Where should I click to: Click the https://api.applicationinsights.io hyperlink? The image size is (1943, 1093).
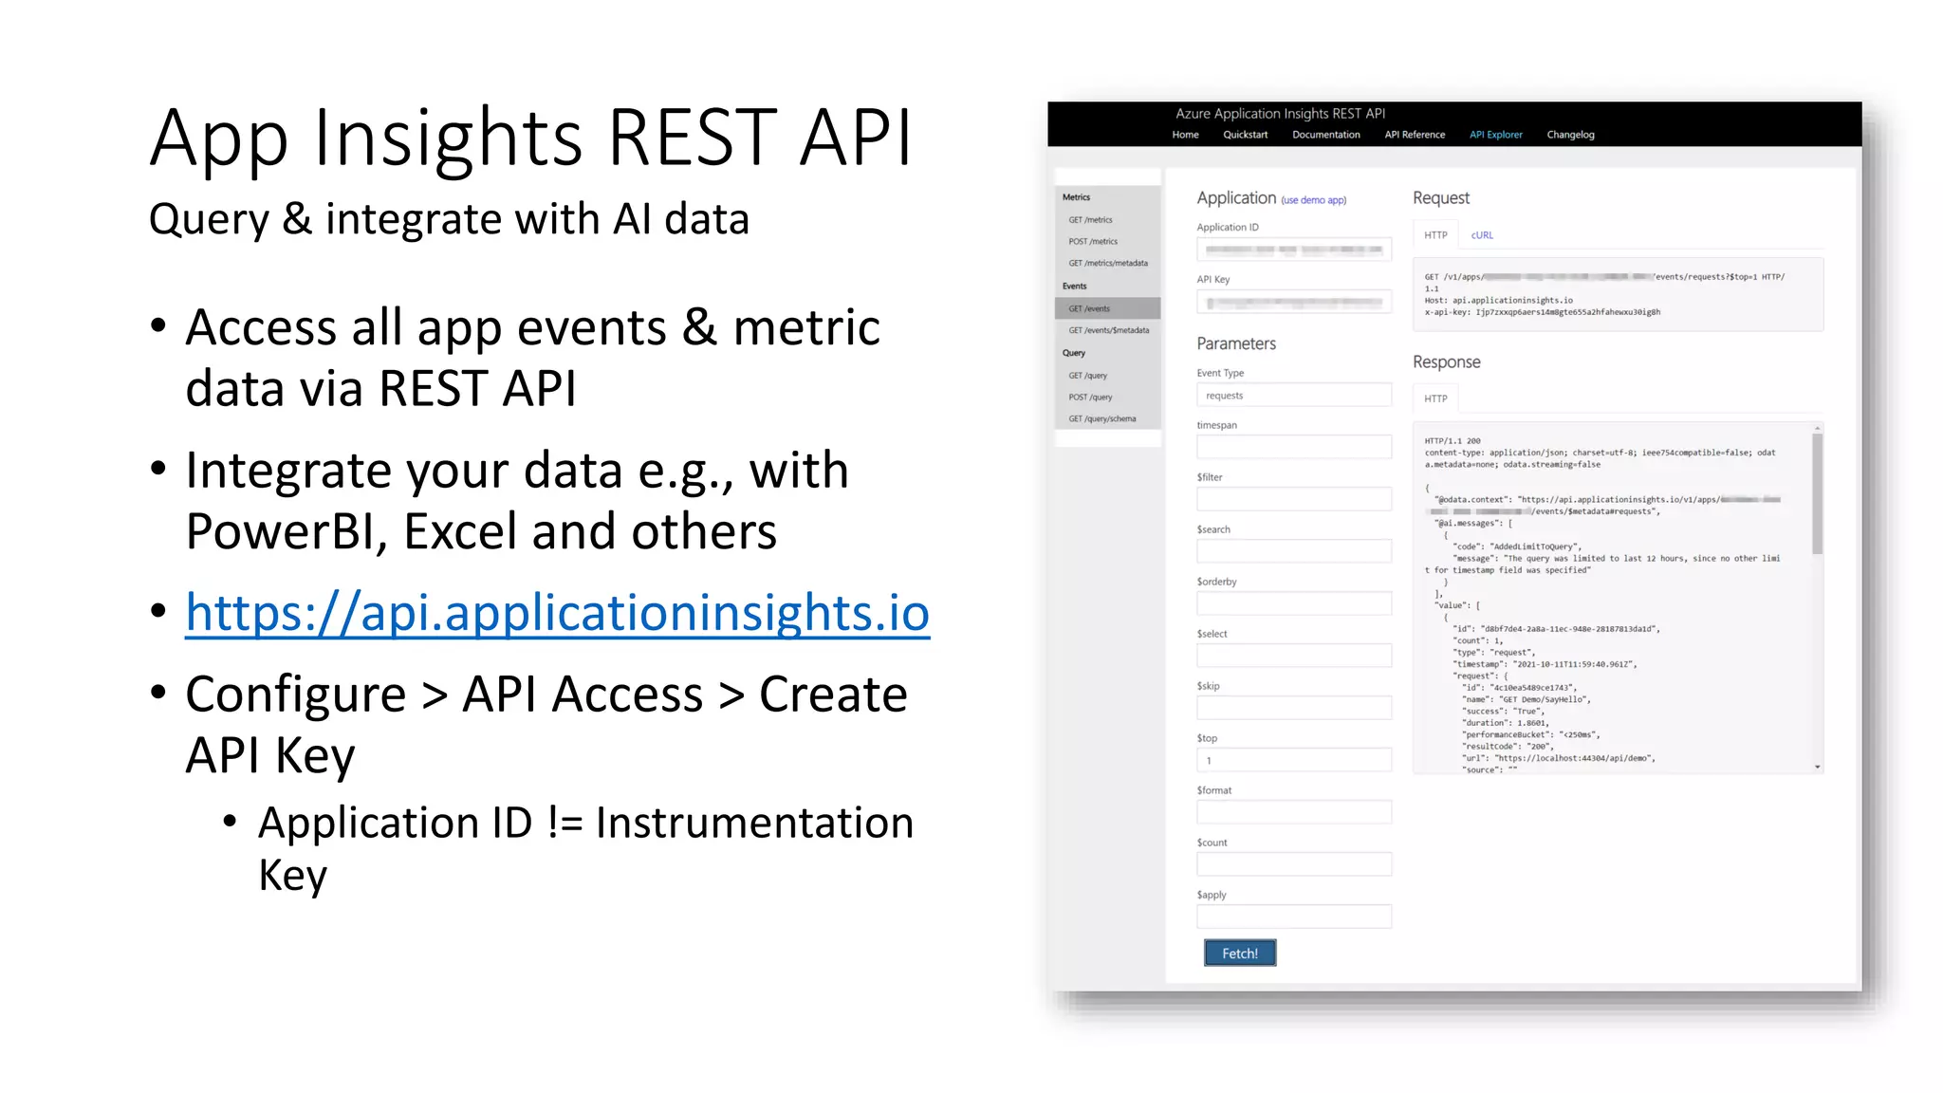point(557,613)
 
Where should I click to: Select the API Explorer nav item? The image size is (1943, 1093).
point(1495,135)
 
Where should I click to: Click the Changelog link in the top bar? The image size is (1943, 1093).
point(1570,135)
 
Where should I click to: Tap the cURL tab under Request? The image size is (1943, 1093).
point(1482,235)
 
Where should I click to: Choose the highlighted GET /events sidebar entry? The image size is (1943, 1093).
point(1107,308)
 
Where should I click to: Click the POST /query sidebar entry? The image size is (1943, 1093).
point(1090,398)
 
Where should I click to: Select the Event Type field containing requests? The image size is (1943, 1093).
point(1293,396)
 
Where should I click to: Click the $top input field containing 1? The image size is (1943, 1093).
point(1293,761)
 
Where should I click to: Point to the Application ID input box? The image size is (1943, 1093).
point(1293,250)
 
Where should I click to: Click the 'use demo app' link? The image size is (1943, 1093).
point(1313,200)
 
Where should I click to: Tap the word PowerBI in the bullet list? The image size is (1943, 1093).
point(286,531)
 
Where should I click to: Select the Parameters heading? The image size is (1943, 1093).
point(1235,343)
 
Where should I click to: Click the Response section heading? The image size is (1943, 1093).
point(1446,362)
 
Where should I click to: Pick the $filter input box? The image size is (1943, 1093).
point(1293,500)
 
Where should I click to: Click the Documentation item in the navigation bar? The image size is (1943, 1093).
point(1325,135)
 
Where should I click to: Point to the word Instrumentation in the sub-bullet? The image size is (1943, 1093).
point(754,823)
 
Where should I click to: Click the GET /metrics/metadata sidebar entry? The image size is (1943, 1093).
point(1107,264)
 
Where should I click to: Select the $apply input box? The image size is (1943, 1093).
point(1293,917)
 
